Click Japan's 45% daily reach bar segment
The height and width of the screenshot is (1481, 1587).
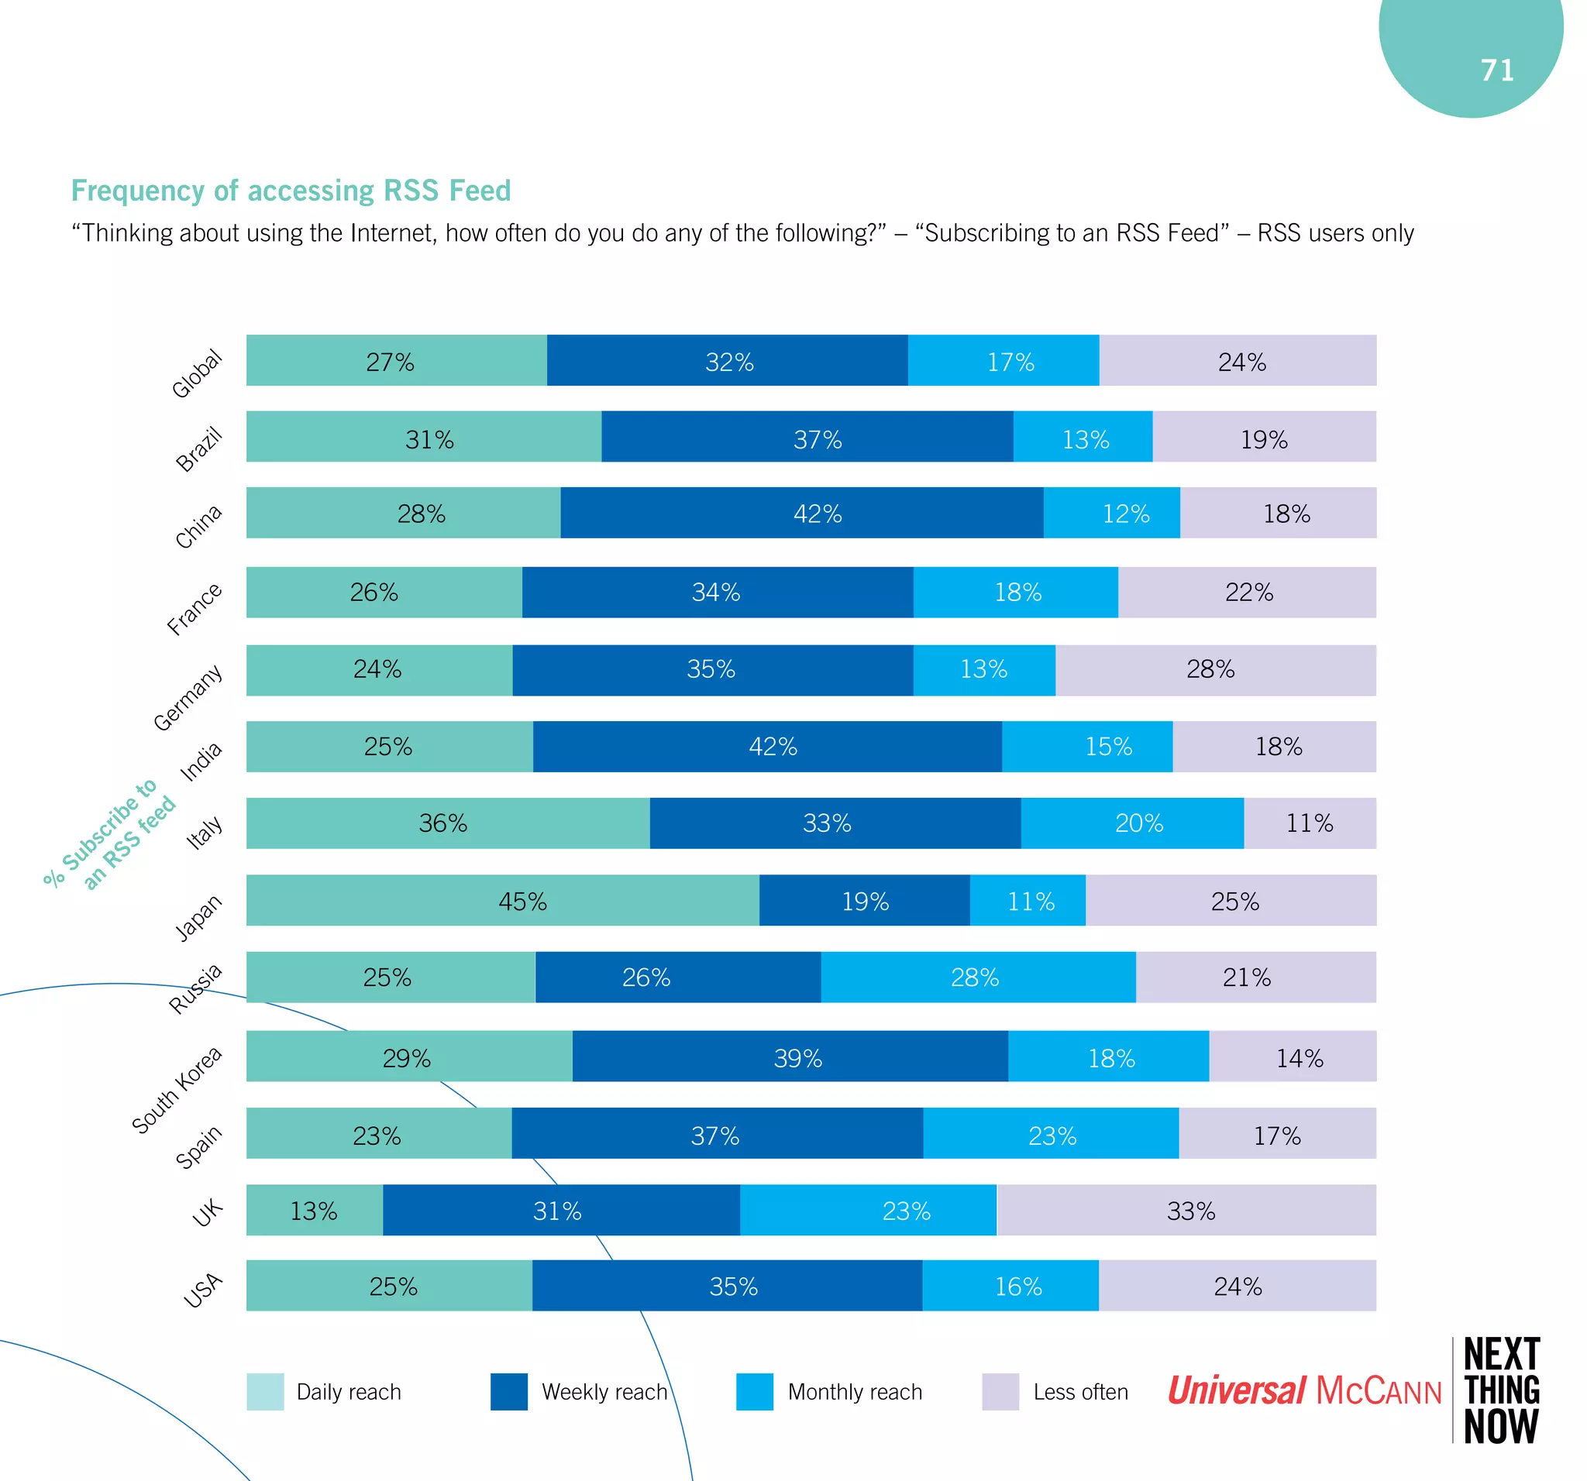(502, 900)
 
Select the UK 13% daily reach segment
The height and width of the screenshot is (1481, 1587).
(315, 1210)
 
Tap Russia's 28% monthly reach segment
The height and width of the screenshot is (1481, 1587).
(978, 977)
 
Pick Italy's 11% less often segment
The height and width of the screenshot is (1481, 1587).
(1309, 823)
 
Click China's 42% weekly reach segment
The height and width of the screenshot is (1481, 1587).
(801, 513)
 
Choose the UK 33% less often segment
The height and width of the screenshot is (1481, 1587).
(1186, 1210)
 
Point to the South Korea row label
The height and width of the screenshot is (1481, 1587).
(177, 1089)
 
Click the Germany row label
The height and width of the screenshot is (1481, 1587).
(188, 696)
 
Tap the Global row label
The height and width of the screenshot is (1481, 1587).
(196, 373)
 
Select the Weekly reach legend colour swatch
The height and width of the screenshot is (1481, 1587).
(508, 1392)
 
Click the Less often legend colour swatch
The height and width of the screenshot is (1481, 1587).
(1000, 1392)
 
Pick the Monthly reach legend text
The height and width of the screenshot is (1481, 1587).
(854, 1392)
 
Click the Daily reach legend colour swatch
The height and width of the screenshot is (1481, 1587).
(265, 1392)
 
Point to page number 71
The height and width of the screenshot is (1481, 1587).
(1497, 70)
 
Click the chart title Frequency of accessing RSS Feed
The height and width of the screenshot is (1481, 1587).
(291, 191)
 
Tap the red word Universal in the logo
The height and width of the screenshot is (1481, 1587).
(1237, 1390)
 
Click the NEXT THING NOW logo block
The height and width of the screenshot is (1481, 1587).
(1501, 1390)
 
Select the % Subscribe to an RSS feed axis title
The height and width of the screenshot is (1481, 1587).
(109, 834)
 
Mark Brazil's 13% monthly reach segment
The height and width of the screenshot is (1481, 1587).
(1083, 437)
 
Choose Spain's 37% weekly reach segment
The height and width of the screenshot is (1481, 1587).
(717, 1133)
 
